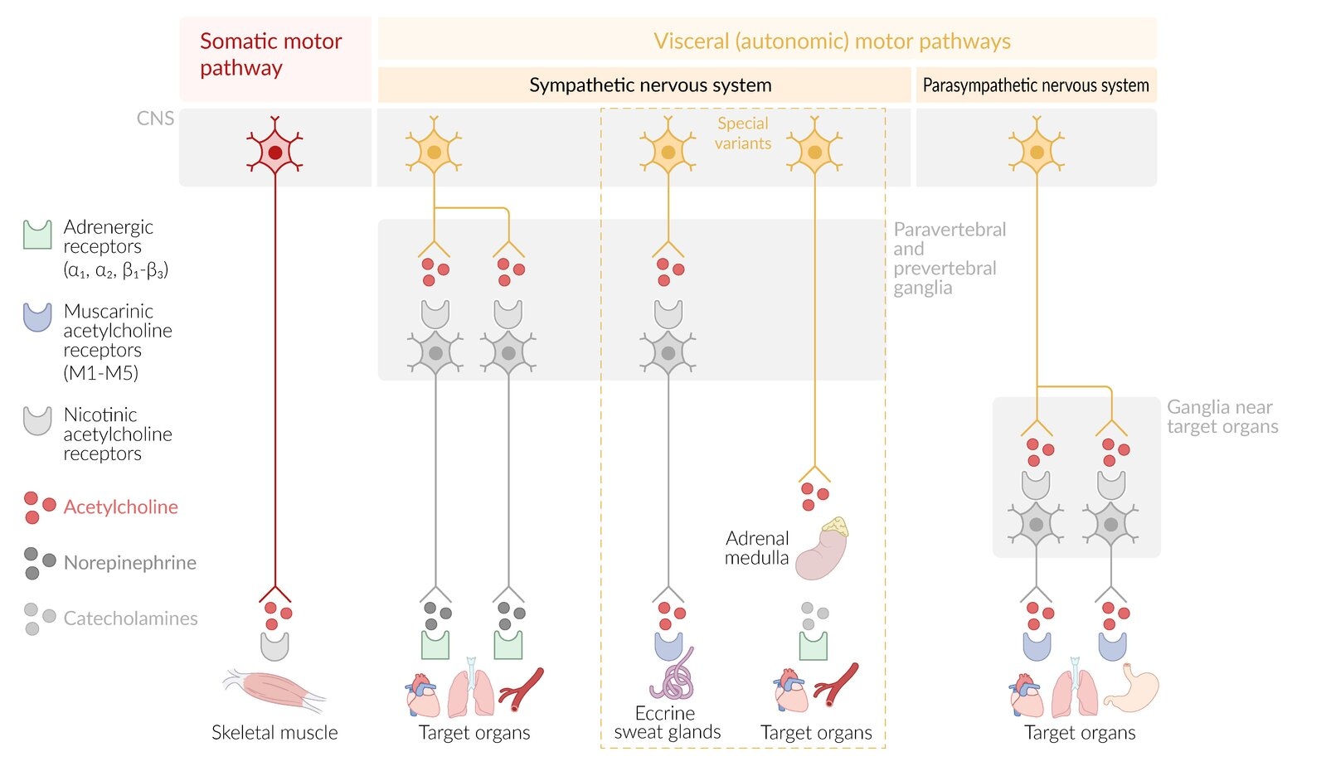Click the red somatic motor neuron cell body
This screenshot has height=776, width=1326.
point(274,152)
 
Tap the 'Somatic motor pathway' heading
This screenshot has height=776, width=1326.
point(270,54)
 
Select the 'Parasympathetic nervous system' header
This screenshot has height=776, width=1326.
point(1036,85)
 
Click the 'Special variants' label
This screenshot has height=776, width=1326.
point(743,133)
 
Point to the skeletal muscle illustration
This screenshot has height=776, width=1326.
point(274,691)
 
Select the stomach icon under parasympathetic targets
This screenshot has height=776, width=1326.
point(1131,688)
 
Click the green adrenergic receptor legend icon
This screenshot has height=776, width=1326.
point(37,235)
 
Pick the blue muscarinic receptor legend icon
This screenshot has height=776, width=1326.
point(37,318)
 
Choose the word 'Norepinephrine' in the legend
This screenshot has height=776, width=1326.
point(129,562)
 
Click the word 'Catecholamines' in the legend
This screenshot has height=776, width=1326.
point(130,618)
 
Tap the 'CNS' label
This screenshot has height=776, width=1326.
point(155,119)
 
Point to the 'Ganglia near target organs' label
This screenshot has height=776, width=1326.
point(1222,417)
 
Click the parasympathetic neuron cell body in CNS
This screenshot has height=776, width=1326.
point(1037,152)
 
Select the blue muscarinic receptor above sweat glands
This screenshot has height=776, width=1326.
point(669,647)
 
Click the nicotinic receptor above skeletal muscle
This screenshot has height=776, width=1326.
point(274,647)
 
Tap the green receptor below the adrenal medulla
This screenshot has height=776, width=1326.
point(814,646)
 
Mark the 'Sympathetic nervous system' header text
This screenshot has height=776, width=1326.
point(651,85)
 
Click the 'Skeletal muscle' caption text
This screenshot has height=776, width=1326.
point(274,733)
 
